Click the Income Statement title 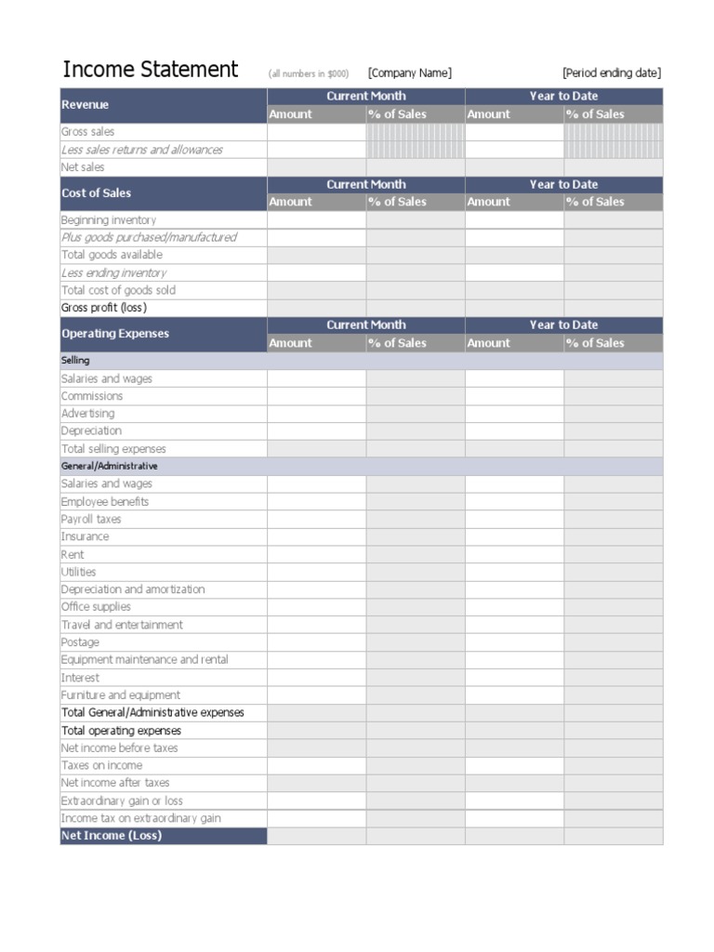pyautogui.click(x=150, y=70)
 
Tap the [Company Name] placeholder pyautogui.click(x=409, y=73)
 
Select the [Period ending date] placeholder pyautogui.click(x=612, y=73)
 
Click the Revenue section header pyautogui.click(x=86, y=105)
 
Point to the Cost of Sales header pyautogui.click(x=96, y=193)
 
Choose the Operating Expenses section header pyautogui.click(x=115, y=334)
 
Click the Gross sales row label pyautogui.click(x=88, y=132)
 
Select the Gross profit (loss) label pyautogui.click(x=104, y=308)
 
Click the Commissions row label pyautogui.click(x=92, y=396)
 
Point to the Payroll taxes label pyautogui.click(x=91, y=520)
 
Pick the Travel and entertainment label pyautogui.click(x=122, y=625)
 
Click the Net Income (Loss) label pyautogui.click(x=112, y=836)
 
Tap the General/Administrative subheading pyautogui.click(x=110, y=466)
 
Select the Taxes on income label pyautogui.click(x=102, y=765)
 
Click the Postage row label pyautogui.click(x=80, y=642)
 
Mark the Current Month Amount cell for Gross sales pyautogui.click(x=316, y=132)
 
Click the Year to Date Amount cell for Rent pyautogui.click(x=514, y=555)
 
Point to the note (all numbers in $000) pyautogui.click(x=309, y=74)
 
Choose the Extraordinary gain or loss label pyautogui.click(x=122, y=800)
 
